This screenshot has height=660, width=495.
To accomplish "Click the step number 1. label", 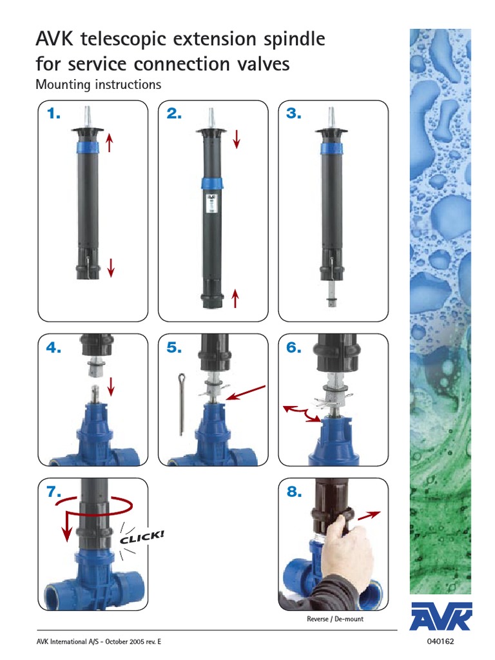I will (x=53, y=114).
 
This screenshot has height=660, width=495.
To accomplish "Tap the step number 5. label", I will (x=174, y=348).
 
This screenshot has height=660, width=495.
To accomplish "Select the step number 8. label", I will (x=294, y=492).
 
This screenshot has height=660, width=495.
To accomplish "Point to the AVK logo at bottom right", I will (x=441, y=617).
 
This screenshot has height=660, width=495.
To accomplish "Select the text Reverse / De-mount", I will (x=335, y=619).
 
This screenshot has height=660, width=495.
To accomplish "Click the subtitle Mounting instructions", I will (x=98, y=84).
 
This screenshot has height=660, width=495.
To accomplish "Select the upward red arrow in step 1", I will (x=110, y=142).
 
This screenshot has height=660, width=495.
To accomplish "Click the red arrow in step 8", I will (x=368, y=515).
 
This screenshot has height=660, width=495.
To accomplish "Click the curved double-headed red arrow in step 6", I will (x=300, y=413).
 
